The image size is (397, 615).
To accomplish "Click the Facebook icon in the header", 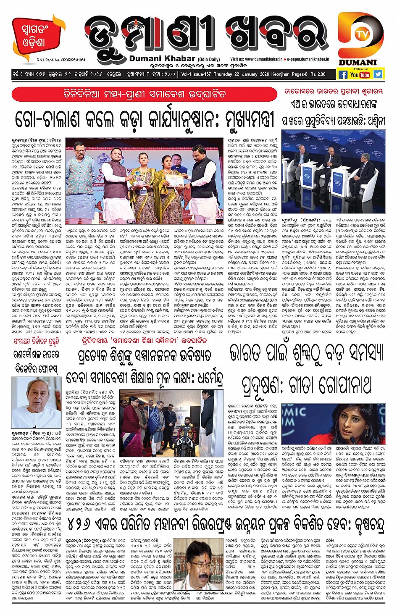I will (x=343, y=75).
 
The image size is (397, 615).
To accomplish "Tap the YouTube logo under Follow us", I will (x=360, y=75).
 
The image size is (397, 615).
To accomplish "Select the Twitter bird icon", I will (x=378, y=74).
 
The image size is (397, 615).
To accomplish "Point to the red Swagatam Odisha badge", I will (x=35, y=37).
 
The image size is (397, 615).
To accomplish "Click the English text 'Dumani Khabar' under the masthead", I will (x=162, y=59).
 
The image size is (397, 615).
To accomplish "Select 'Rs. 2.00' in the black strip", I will (x=318, y=74).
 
